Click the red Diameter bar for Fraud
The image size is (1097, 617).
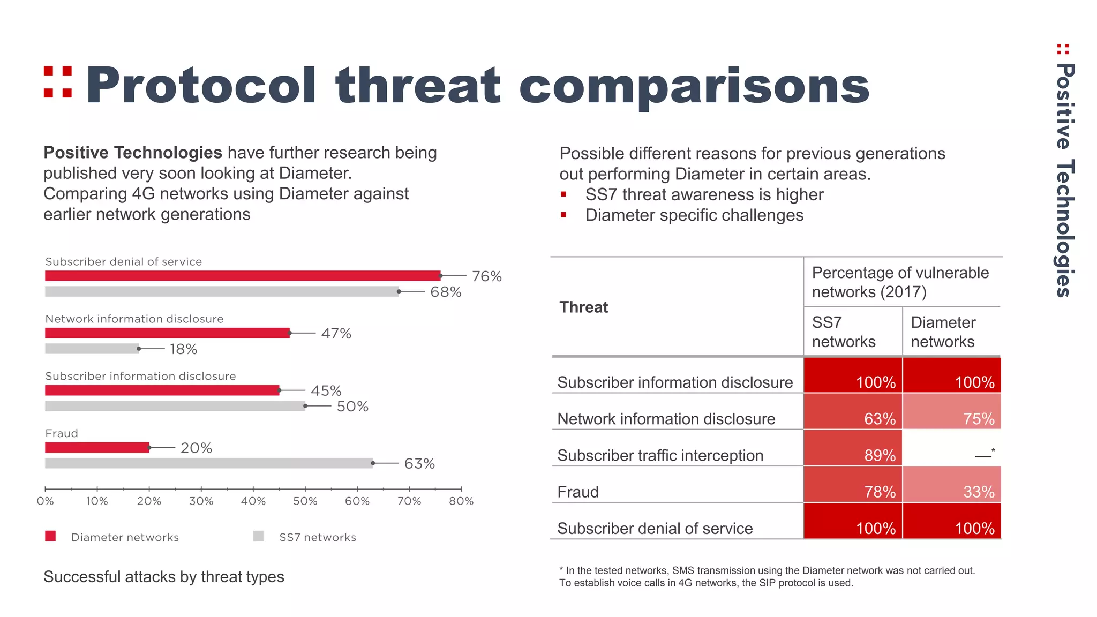coord(97,448)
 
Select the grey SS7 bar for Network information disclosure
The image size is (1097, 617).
coord(92,349)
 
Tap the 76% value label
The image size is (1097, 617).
coord(486,276)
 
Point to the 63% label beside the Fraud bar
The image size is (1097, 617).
coord(419,463)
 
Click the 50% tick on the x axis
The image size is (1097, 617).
coord(305,501)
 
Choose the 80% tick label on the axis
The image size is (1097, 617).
coord(461,501)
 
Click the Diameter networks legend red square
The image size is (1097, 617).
coord(50,536)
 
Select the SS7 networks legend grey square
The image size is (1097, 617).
coord(259,536)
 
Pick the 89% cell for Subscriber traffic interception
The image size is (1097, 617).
coord(853,448)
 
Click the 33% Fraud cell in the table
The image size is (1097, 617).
coord(952,485)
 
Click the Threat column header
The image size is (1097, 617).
coord(584,307)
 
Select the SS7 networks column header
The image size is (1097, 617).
coord(843,332)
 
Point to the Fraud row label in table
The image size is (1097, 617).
coord(578,492)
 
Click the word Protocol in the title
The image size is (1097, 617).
coord(201,86)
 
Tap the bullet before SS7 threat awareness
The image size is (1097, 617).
coord(563,194)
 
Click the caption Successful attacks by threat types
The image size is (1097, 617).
coord(163,577)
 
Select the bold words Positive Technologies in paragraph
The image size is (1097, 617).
coord(132,153)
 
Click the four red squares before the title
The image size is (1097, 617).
coord(58,82)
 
